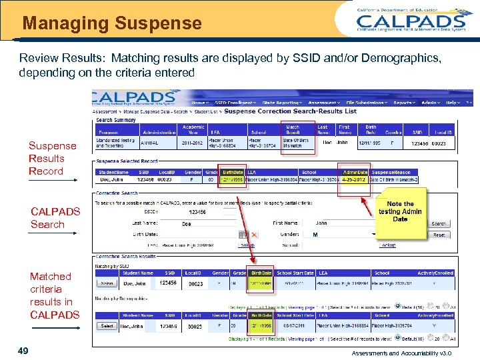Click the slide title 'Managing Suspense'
click(x=112, y=24)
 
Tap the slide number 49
click(x=23, y=351)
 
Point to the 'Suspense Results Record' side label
click(x=52, y=159)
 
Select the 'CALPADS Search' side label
click(x=55, y=218)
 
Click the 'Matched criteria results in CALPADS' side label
click(x=54, y=295)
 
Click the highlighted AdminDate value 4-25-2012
click(x=355, y=179)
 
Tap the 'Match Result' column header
click(x=293, y=130)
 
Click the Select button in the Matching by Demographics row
click(x=106, y=326)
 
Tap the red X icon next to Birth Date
click(x=254, y=235)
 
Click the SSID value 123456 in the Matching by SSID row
click(x=168, y=283)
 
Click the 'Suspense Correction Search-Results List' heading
click(x=290, y=111)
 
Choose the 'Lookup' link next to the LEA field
click(x=247, y=245)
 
